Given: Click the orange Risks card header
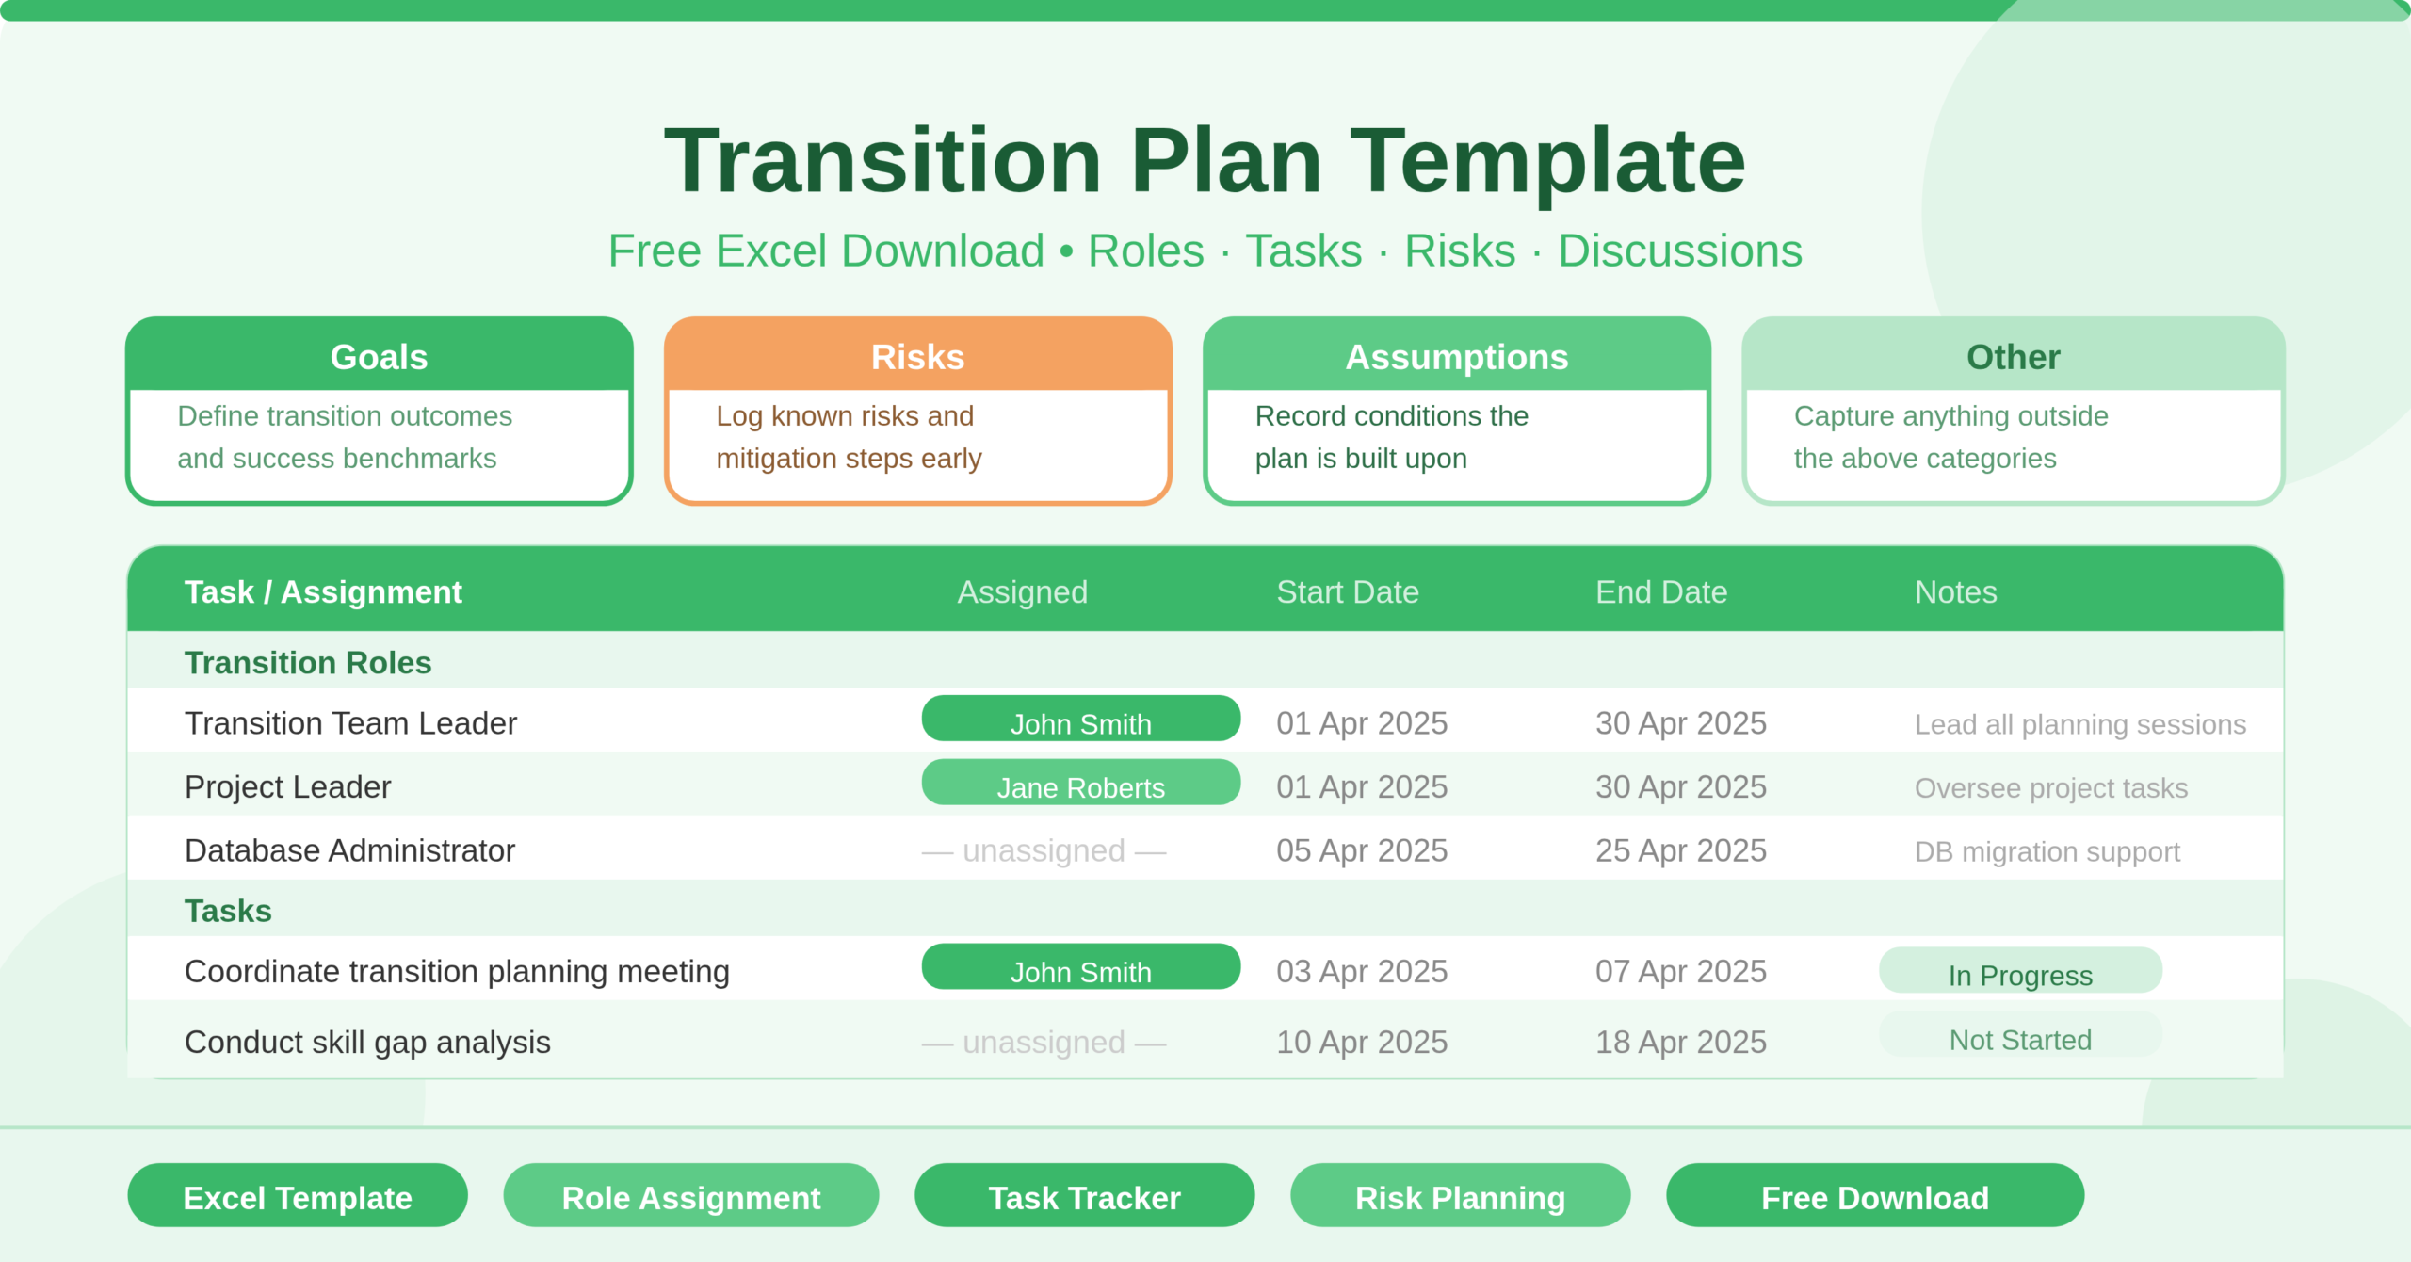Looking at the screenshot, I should pos(917,357).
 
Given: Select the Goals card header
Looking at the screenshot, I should pos(379,357).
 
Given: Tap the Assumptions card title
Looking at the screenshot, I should pos(1456,357).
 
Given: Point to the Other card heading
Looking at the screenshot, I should pos(2013,357).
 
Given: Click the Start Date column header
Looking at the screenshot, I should pos(1347,591).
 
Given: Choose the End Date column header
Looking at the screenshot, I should pos(1660,591).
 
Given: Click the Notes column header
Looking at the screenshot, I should pos(1955,591).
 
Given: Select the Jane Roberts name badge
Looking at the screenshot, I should pos(1080,784).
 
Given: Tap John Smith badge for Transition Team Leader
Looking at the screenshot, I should pos(1080,720).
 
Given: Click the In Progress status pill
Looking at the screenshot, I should pos(2020,972).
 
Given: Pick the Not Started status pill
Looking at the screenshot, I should pos(2020,1037).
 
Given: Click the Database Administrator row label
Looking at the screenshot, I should pos(349,850).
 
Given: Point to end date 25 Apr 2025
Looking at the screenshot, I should pos(1680,850).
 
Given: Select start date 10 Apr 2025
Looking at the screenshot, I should pos(1361,1042).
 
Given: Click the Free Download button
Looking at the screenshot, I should pos(1874,1196).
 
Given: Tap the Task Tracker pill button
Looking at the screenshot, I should pos(1084,1196).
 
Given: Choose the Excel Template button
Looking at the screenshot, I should pos(298,1196).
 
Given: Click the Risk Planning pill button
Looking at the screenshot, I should pos(1460,1196).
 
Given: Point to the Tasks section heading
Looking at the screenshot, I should pos(228,911).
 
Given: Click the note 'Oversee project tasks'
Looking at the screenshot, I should pos(2050,787).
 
